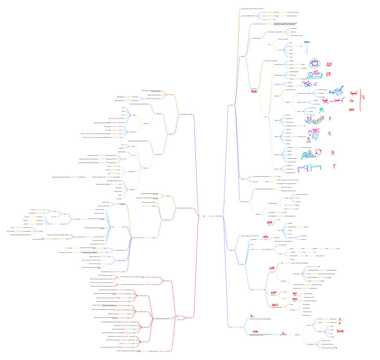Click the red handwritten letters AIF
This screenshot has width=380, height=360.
coord(329,64)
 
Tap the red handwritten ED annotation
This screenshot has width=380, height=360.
coord(328,74)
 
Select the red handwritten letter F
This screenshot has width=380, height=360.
coord(330,118)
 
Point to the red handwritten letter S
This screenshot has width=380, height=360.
coord(329,134)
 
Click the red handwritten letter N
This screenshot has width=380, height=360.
coord(333,153)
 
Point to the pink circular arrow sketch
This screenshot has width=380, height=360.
coord(320,152)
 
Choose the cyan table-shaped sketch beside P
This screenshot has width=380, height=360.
coord(315,167)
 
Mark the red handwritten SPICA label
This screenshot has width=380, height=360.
coord(266,237)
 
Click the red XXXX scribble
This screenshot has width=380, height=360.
coord(342,331)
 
